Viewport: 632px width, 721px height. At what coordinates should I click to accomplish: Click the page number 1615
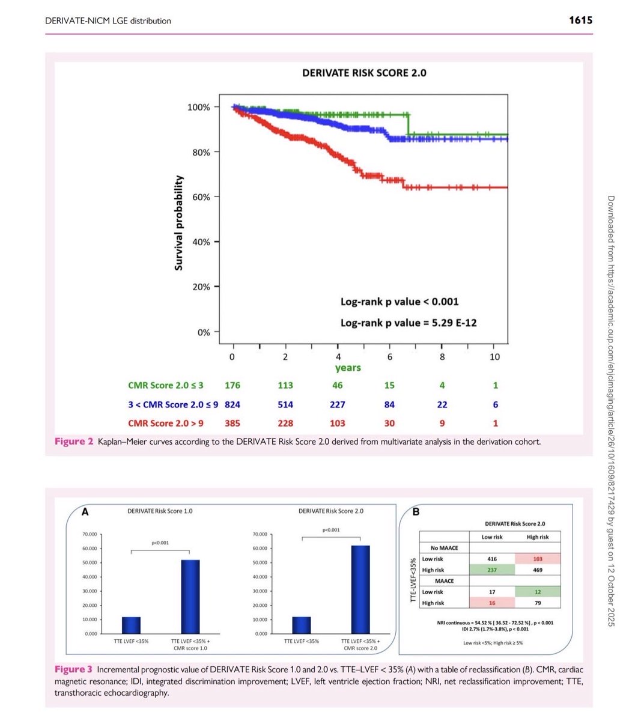tap(580, 20)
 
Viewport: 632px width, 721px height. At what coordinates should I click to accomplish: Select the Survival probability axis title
tap(178, 223)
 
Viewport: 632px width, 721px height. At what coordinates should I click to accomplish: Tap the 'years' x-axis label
tap(348, 368)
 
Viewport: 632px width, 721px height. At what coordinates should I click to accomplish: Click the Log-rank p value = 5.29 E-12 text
tap(409, 323)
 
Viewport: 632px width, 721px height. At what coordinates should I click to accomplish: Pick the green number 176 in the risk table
tap(232, 385)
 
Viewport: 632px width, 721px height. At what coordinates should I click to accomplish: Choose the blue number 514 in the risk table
tap(285, 404)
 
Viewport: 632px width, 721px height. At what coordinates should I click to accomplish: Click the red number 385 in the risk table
tap(232, 423)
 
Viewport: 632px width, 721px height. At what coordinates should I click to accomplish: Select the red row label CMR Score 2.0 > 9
tap(166, 423)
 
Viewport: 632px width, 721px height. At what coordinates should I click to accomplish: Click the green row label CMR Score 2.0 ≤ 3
tap(166, 385)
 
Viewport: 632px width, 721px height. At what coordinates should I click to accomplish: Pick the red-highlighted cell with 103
tap(538, 559)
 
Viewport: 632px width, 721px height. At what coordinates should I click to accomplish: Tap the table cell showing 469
tap(538, 570)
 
